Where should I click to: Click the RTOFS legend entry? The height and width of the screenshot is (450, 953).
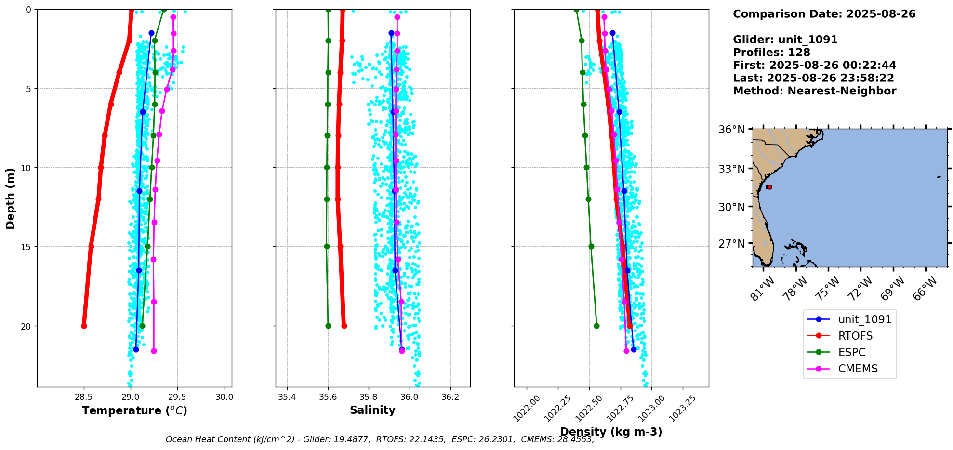pos(855,336)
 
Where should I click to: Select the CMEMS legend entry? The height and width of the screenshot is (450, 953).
pos(858,369)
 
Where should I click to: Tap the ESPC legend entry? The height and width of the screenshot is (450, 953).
pos(851,352)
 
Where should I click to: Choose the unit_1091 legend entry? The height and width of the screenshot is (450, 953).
pos(864,319)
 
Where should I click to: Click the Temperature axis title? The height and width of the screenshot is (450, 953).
pos(134,410)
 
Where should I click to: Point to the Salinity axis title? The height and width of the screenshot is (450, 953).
pos(372,410)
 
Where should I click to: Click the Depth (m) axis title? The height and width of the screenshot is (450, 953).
pos(10,198)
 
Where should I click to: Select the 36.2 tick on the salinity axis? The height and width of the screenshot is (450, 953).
pos(450,397)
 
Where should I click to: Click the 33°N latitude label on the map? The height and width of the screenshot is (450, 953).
pos(731,169)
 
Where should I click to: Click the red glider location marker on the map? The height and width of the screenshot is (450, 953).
pos(769,187)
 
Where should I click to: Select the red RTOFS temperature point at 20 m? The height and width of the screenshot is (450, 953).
pos(84,326)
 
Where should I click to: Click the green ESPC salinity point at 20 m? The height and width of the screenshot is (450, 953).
pos(328,326)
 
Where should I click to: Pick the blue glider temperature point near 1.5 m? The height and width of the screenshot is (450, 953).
pos(151,33)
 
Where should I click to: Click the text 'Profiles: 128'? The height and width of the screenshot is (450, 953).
pos(771,53)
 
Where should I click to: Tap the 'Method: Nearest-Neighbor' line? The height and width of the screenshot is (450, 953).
pos(814,91)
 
